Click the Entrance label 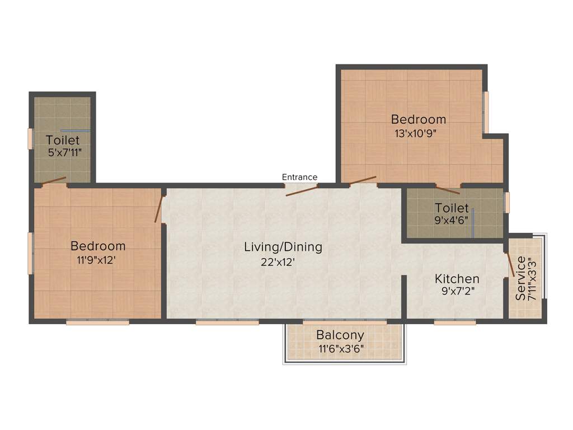pos(299,177)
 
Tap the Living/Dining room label pos(283,246)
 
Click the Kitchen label pos(457,278)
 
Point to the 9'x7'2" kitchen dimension pos(457,290)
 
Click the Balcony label pos(340,335)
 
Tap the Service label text pos(520,278)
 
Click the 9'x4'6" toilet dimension pos(451,219)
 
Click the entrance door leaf pos(302,190)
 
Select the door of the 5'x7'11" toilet pos(53,181)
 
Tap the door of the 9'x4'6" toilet pos(448,189)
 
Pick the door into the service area pos(510,264)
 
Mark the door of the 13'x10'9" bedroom pos(362,180)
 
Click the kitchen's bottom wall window pos(455,322)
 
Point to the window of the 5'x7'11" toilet pos(30,139)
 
